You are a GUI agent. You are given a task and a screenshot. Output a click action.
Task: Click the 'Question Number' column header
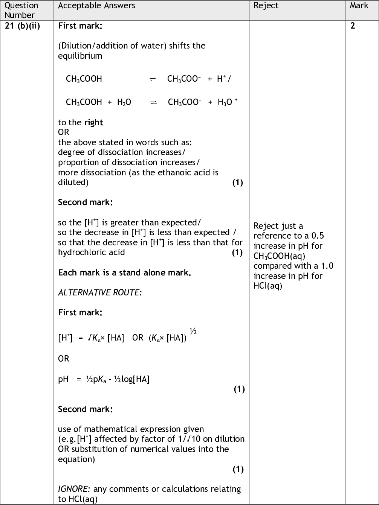coord(21,10)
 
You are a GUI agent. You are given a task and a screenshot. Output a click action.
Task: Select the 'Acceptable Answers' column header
coord(96,6)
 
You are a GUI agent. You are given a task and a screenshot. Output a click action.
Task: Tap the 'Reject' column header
coord(266,6)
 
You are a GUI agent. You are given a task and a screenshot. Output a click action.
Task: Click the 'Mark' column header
coord(359,6)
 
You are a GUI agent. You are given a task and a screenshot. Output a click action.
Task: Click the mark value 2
coord(353,26)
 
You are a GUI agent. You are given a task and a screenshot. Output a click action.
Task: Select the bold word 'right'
coord(93,122)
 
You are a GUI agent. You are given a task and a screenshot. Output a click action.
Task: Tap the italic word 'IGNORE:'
coord(74,489)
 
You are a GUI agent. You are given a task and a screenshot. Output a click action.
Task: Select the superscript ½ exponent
coord(193,332)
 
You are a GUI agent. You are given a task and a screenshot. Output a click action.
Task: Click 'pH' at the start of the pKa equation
coord(63,379)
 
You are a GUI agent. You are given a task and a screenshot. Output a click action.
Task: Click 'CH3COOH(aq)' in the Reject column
coord(279,256)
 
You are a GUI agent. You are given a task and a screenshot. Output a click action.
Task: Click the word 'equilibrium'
coord(80,56)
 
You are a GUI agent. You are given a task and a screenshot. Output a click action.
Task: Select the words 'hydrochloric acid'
coord(91,252)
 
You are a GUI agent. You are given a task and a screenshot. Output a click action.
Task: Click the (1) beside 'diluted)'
coord(237,183)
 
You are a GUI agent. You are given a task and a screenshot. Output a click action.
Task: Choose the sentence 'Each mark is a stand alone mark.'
coord(124,272)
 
